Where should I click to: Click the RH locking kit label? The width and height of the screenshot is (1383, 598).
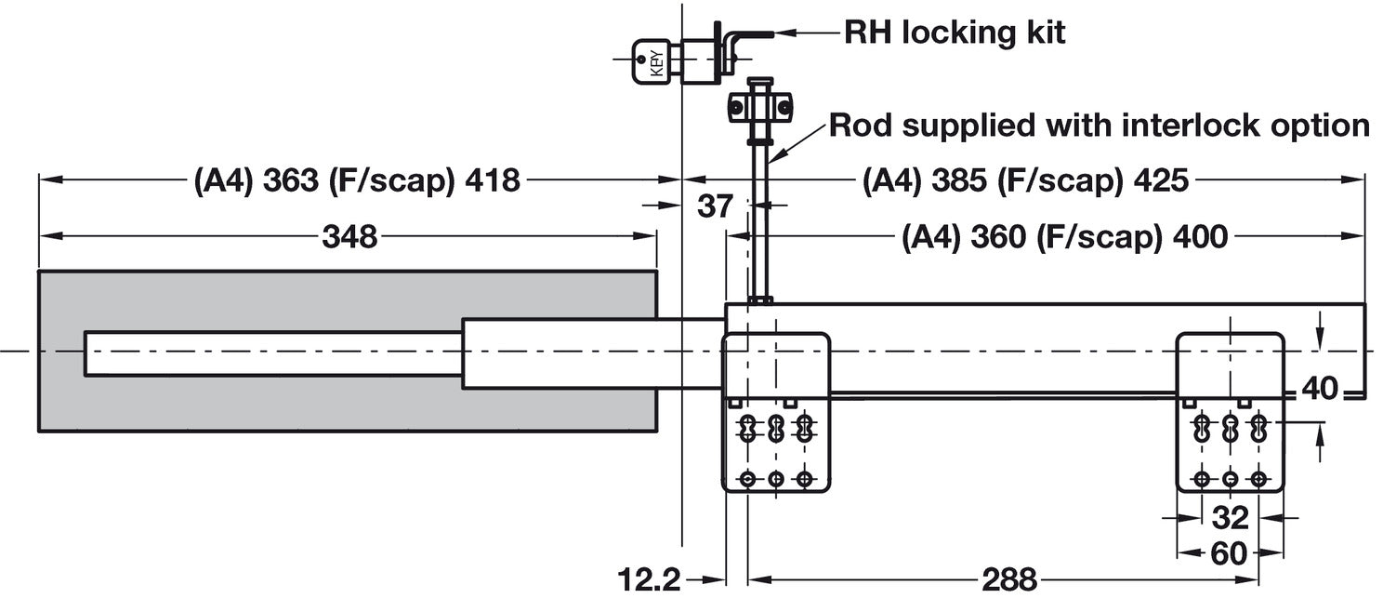tap(954, 33)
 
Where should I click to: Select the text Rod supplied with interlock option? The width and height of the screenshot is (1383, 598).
tap(1099, 126)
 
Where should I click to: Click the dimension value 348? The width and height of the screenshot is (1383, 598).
tap(349, 237)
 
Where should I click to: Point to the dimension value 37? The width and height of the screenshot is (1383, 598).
tap(716, 206)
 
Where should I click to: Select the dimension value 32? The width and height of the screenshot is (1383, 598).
tap(1230, 517)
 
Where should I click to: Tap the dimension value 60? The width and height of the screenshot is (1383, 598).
tap(1230, 555)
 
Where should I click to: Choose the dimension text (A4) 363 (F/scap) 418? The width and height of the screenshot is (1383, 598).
tap(357, 180)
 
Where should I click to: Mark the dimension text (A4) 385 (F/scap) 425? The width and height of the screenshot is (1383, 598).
tap(1025, 180)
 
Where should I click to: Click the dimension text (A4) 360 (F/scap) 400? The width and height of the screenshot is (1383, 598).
tap(1064, 237)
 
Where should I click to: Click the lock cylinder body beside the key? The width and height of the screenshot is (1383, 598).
tap(706, 61)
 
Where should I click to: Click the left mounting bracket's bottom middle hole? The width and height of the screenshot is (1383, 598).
tap(776, 479)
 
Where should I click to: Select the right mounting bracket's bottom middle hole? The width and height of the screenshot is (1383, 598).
tap(1230, 479)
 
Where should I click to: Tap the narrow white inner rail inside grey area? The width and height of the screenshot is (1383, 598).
tap(274, 353)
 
